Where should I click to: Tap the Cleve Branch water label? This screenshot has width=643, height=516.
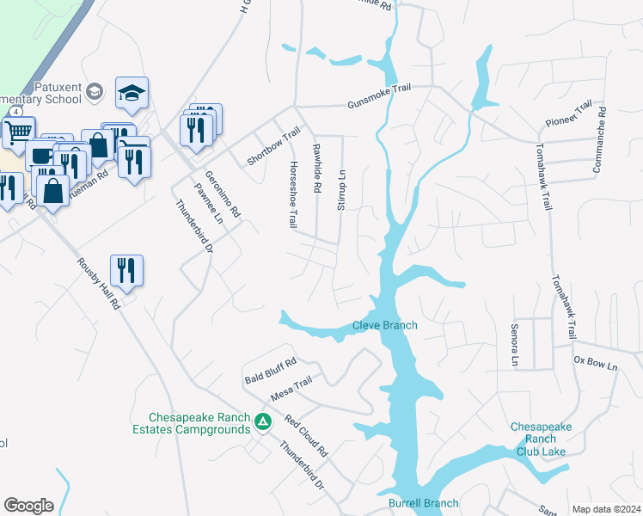pos(385,325)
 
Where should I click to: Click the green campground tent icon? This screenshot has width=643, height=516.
pos(265,421)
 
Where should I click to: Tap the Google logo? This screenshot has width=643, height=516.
pos(28,505)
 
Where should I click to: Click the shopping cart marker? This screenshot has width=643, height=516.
pos(18,132)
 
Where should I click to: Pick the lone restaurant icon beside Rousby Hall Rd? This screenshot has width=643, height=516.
pos(126,270)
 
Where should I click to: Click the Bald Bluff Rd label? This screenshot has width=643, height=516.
pos(270,372)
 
